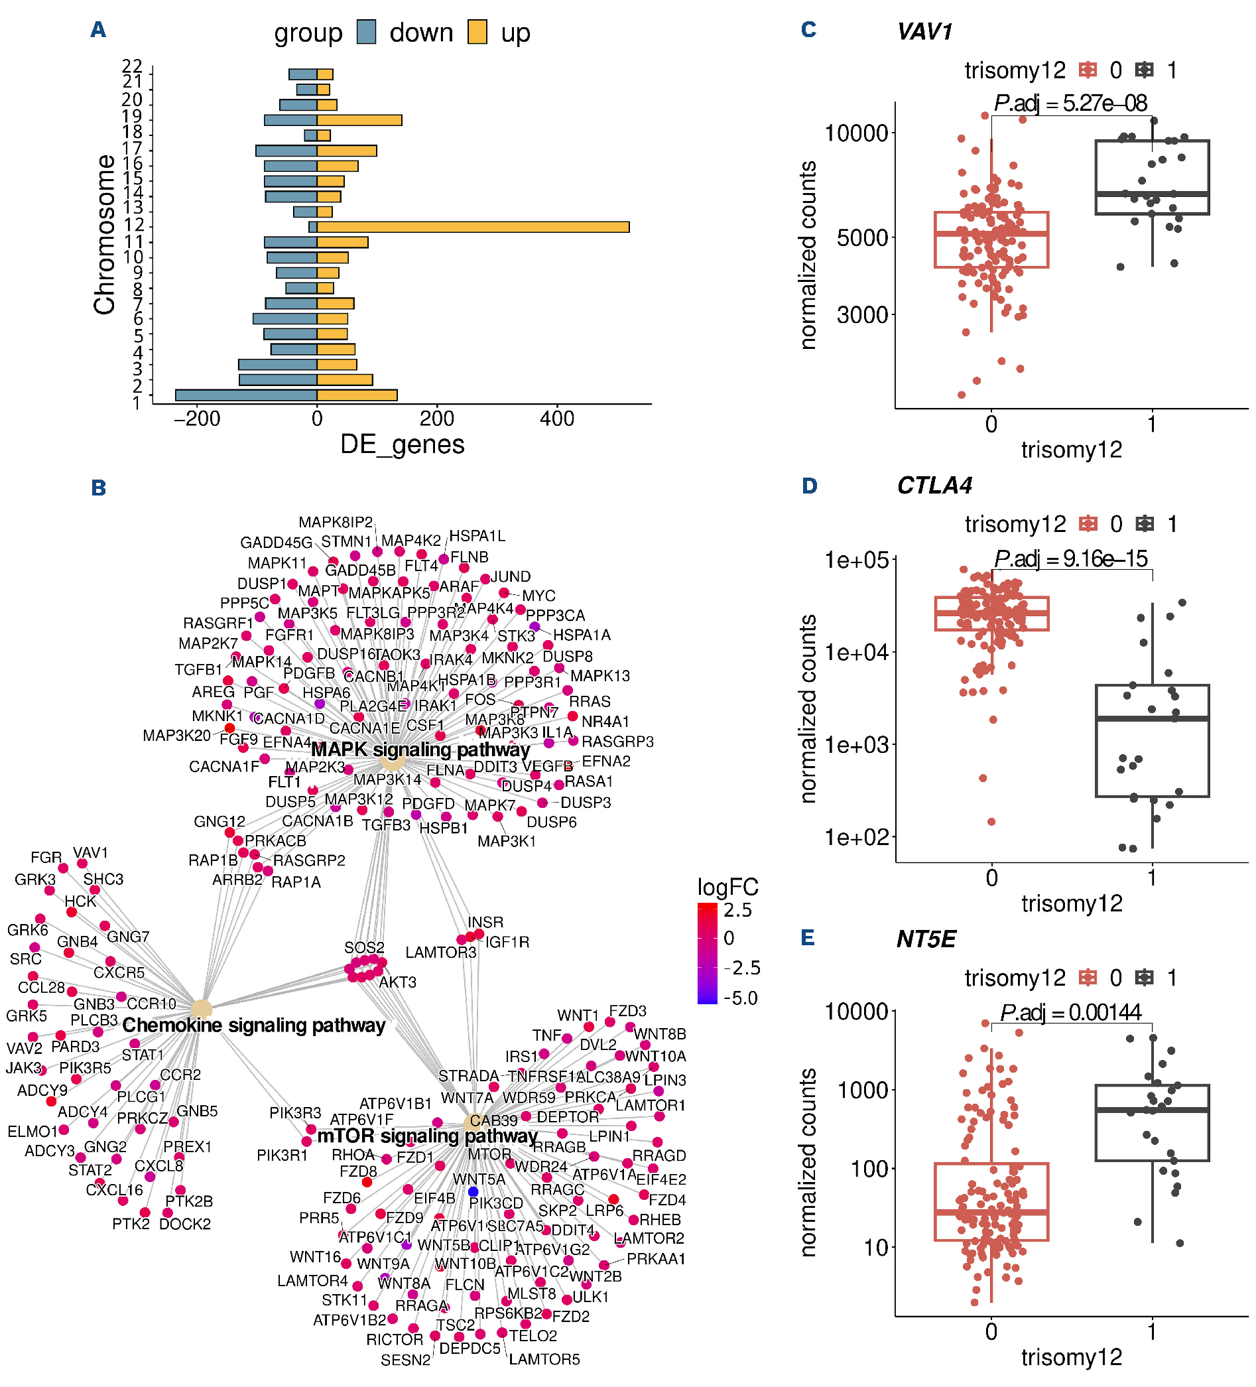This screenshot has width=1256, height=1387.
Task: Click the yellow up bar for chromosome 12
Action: (x=473, y=227)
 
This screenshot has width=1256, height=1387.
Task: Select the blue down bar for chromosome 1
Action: (x=245, y=395)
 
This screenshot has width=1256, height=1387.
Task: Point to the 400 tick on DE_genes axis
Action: (x=556, y=419)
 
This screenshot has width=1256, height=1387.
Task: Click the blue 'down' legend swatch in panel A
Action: (x=367, y=33)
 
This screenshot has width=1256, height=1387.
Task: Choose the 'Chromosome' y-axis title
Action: (x=105, y=234)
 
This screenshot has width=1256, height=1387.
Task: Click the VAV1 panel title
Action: (x=924, y=32)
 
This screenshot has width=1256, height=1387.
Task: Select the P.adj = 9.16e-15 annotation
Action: (x=1071, y=559)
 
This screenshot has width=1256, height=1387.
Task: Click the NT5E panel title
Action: (x=926, y=939)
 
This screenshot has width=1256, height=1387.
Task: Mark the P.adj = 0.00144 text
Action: (x=1070, y=1012)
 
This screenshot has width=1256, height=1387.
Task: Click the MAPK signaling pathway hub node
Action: (x=392, y=761)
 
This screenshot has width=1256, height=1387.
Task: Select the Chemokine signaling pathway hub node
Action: (x=201, y=1010)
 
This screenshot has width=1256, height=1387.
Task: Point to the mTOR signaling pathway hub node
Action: (x=473, y=1124)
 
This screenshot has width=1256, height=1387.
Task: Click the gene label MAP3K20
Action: (x=177, y=736)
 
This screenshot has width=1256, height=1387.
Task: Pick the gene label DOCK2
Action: (x=185, y=1224)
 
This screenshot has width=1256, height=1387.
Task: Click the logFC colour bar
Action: (x=707, y=954)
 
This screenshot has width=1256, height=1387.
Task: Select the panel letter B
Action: (x=98, y=488)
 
